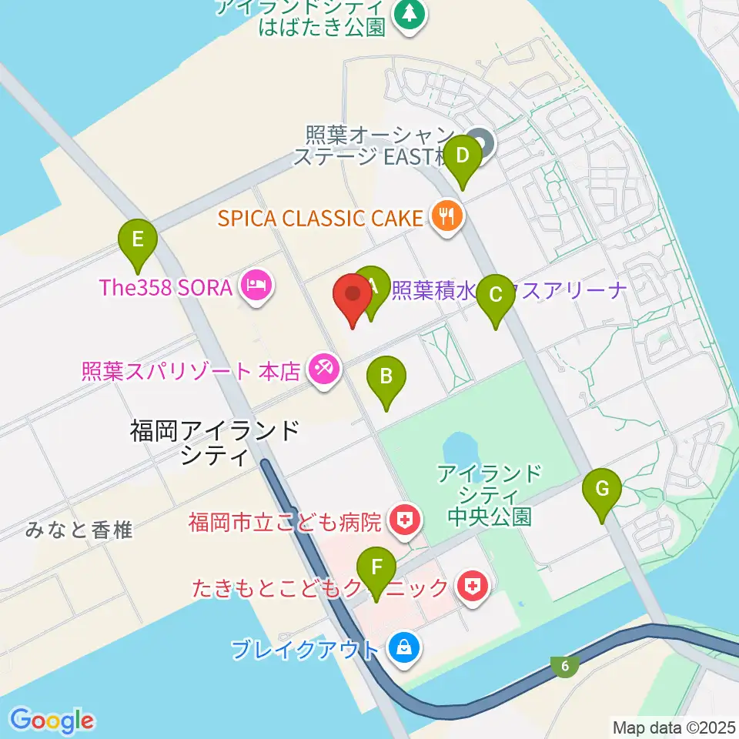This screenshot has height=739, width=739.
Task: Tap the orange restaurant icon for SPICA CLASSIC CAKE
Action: (446, 217)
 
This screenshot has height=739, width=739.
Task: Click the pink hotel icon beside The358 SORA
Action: (254, 287)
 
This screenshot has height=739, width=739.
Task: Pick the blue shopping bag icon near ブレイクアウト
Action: (403, 648)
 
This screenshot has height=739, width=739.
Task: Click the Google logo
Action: (52, 721)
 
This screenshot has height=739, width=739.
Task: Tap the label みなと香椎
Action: (79, 530)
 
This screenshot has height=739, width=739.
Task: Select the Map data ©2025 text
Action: (673, 726)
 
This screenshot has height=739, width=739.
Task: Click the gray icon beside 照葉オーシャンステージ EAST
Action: (482, 142)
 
